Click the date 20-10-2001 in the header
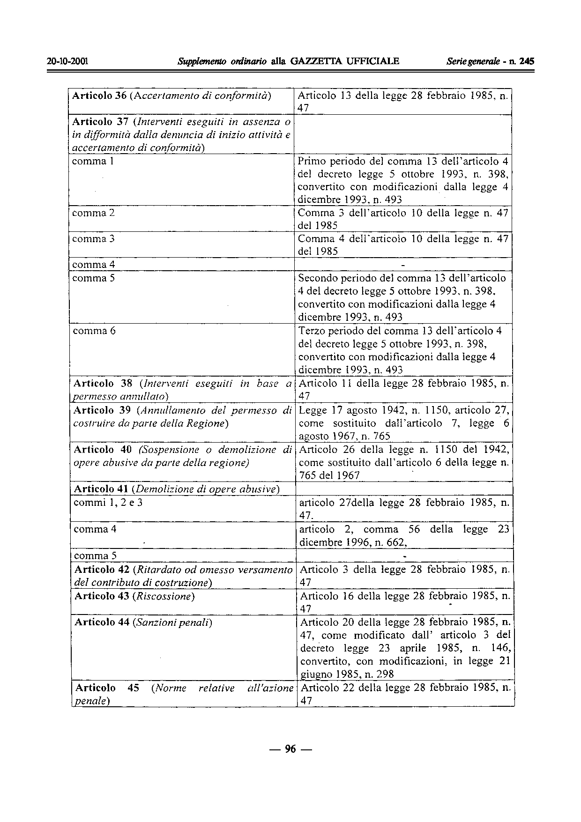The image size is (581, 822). click(x=68, y=61)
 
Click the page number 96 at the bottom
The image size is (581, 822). click(x=290, y=749)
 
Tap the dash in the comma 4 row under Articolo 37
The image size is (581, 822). click(x=403, y=265)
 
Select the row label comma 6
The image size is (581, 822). click(x=94, y=331)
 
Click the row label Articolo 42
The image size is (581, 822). click(x=102, y=570)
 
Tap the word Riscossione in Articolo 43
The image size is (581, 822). click(x=164, y=596)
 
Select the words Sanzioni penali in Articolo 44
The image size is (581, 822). click(x=174, y=622)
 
